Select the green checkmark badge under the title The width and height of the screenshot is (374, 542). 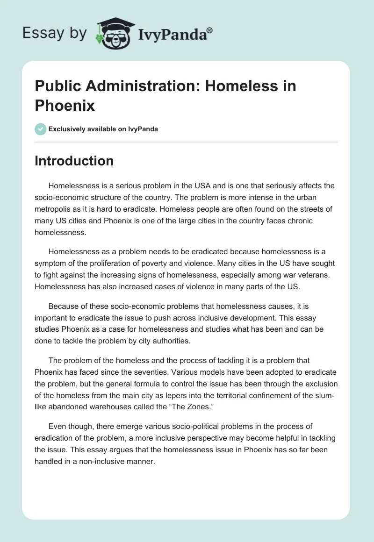41,129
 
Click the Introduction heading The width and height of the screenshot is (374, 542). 74,161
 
